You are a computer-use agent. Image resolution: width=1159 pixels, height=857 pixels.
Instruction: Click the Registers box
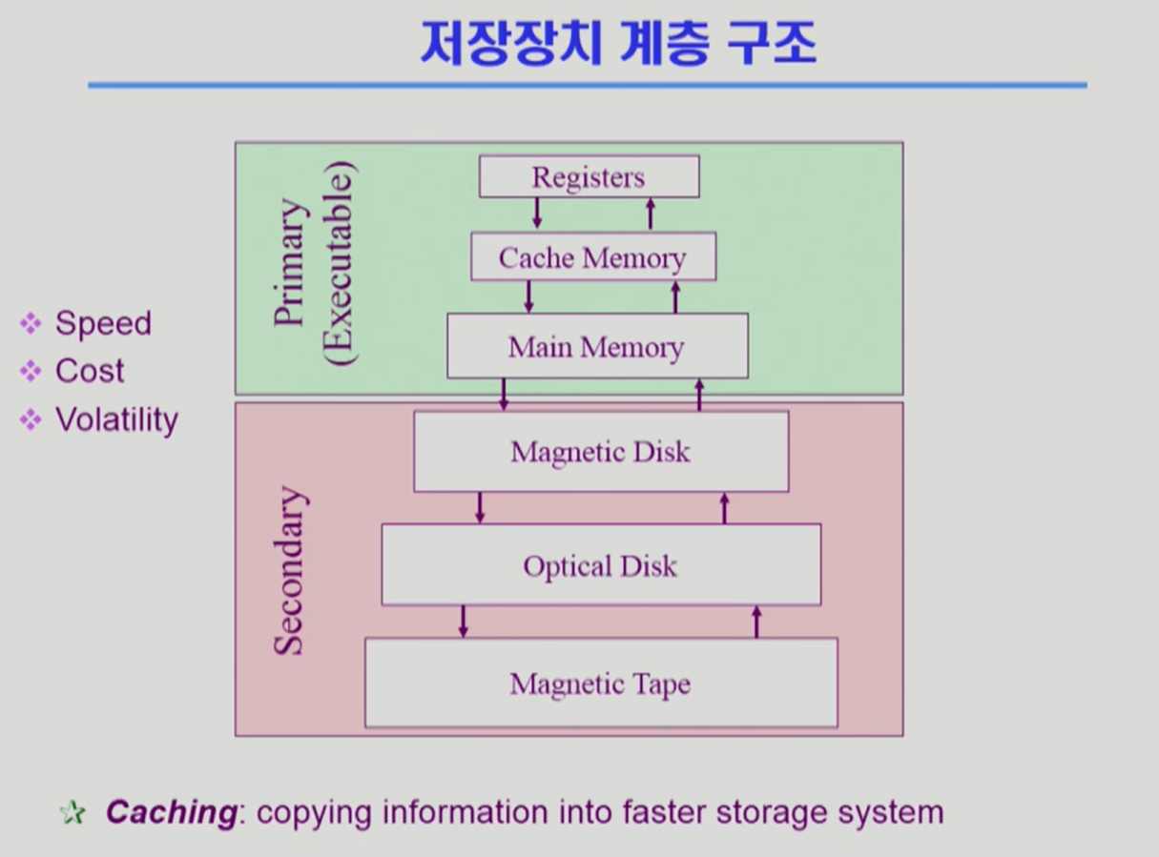coord(589,177)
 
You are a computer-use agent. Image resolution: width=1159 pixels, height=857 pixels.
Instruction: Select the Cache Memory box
coord(592,257)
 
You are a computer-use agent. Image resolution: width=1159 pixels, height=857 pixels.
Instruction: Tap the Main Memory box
coord(596,346)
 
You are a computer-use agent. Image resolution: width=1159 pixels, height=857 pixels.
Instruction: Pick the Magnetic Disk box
coord(600,451)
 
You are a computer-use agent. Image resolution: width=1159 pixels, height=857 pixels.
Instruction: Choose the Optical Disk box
coord(600,565)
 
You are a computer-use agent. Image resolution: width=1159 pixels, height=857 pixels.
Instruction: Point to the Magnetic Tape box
coord(600,684)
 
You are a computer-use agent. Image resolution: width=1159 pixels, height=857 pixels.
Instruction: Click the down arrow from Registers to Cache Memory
coord(537,213)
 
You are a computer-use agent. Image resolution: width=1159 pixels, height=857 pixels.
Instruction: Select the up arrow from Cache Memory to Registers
coord(651,213)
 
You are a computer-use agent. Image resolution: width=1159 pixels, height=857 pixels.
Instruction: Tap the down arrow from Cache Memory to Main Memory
coord(528,296)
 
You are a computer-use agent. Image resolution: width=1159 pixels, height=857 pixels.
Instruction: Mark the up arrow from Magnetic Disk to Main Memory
coord(699,395)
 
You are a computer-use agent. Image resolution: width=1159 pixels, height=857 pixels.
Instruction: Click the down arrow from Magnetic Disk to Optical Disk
coord(480,507)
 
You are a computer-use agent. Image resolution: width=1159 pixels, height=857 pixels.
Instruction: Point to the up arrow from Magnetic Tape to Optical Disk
coord(756,622)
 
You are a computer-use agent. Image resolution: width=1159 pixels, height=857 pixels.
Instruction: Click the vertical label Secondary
coord(290,570)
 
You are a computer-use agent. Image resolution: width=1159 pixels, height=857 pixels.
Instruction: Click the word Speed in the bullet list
coord(103,323)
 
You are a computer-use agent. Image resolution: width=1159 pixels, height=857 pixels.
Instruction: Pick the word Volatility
coord(116,419)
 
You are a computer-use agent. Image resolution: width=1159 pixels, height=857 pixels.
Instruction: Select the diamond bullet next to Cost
coord(31,371)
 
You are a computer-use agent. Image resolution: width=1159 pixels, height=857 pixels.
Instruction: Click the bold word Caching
coord(170,812)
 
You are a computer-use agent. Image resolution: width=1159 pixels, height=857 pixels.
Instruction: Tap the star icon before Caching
coord(72,812)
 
